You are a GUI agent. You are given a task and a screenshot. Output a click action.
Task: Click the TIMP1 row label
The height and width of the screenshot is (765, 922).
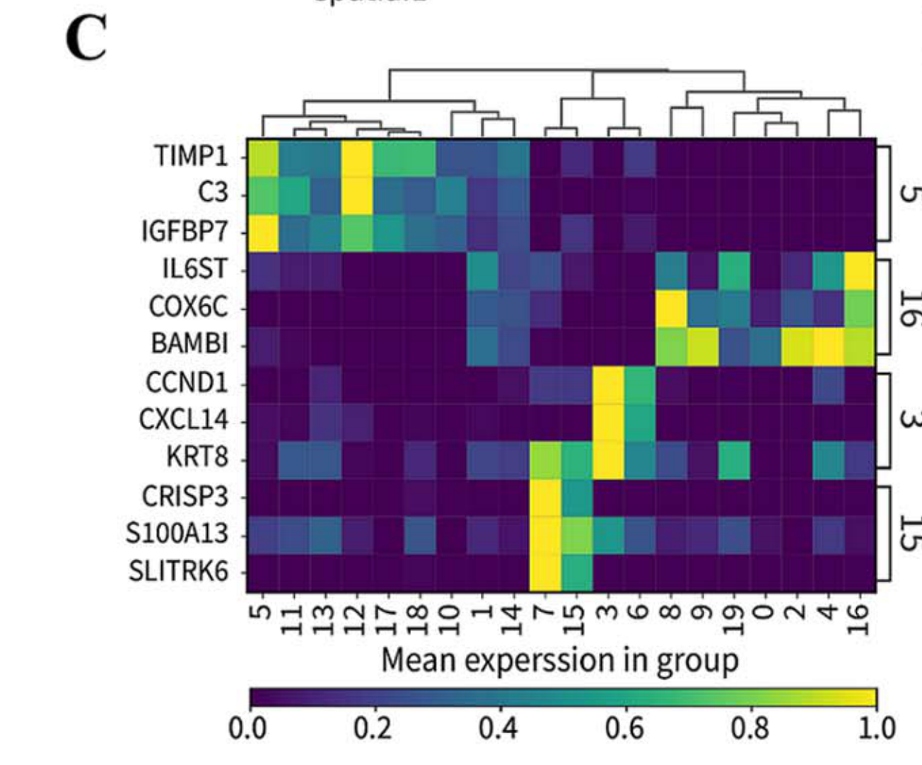192,156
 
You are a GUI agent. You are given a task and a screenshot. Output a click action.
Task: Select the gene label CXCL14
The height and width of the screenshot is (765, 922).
183,420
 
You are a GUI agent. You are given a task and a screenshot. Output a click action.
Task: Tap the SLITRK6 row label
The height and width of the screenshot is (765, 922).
178,570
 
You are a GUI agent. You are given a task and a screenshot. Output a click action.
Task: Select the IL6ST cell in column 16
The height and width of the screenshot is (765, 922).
860,270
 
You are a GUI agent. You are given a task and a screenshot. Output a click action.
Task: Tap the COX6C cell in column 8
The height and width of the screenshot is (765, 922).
671,308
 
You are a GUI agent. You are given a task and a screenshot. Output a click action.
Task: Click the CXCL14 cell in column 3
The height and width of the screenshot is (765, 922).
608,421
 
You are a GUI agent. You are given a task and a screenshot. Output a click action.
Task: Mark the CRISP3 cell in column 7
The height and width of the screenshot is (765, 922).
545,497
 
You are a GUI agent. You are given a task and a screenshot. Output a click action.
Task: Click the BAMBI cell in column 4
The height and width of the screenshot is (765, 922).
828,345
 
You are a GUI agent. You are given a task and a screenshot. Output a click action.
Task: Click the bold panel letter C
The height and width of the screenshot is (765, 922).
86,39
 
